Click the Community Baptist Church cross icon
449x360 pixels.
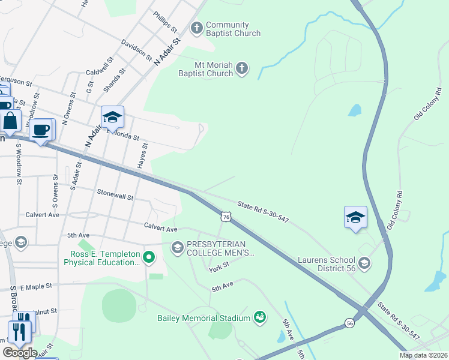pyautogui.click(x=196, y=28)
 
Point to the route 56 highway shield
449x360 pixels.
pyautogui.click(x=350, y=323)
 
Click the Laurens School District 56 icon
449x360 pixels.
pyautogui.click(x=364, y=263)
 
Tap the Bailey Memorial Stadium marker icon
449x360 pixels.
pyautogui.click(x=260, y=316)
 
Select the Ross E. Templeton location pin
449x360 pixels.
pyautogui.click(x=149, y=258)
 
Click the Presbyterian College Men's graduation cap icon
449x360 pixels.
pyautogui.click(x=177, y=247)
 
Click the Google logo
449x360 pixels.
pyautogui.click(x=20, y=353)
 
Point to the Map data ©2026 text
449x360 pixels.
pyautogui.click(x=423, y=355)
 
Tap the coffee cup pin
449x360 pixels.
pyautogui.click(x=41, y=130)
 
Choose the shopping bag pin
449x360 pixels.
pyautogui.click(x=10, y=121)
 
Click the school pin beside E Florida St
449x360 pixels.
pyautogui.click(x=112, y=118)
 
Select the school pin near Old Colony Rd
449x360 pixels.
pyautogui.click(x=355, y=217)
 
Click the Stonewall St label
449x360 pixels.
pyautogui.click(x=115, y=194)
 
